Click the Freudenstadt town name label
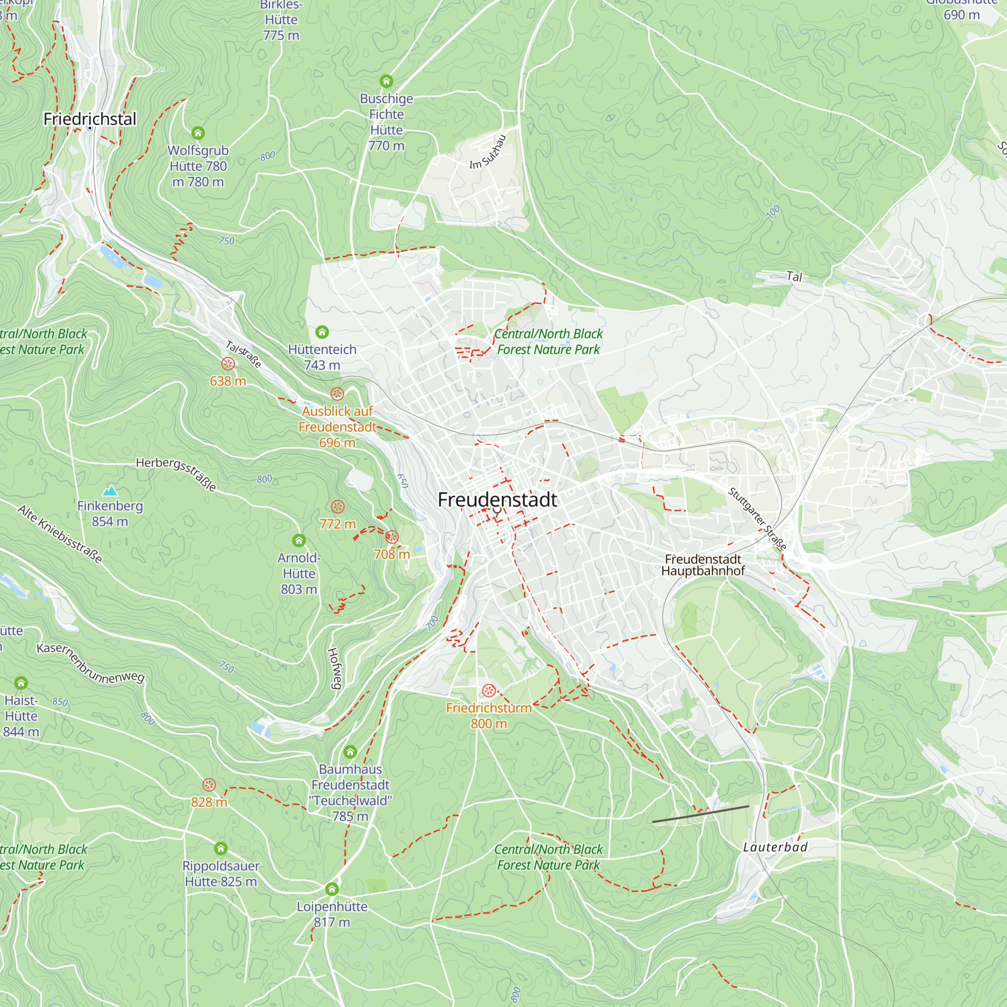point(497,500)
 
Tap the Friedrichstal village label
point(90,119)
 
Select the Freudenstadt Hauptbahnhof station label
point(702,565)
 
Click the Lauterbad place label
point(775,847)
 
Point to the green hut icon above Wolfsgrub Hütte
point(198,133)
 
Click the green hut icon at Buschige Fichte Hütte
point(386,81)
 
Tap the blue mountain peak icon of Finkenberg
point(110,490)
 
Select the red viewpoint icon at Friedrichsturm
point(489,691)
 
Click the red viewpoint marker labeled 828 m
point(209,785)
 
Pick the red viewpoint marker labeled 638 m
point(228,364)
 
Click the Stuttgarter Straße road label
point(757,518)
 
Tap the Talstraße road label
point(243,354)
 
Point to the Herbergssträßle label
point(176,473)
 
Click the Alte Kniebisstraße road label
point(60,534)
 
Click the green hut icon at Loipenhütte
point(332,889)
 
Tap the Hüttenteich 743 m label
point(322,357)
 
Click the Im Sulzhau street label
point(488,153)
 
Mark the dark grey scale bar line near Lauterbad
point(700,814)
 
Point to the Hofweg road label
point(334,668)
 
